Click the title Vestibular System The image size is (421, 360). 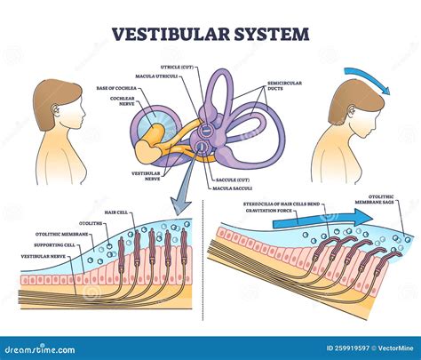tap(210, 35)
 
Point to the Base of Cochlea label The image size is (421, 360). tap(115, 88)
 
